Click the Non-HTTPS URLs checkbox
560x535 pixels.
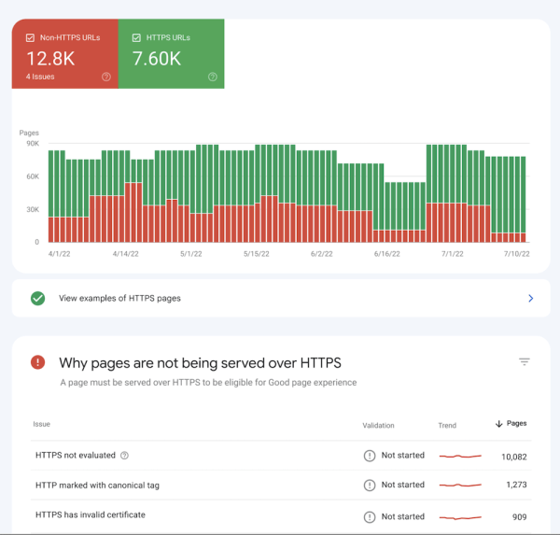pos(30,38)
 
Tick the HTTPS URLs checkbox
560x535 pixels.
pos(136,38)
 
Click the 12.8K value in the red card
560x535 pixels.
pos(51,58)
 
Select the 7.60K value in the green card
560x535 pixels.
pos(157,58)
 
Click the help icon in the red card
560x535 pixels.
pos(106,77)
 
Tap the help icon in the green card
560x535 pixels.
pos(213,77)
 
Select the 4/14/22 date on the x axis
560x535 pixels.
pos(126,253)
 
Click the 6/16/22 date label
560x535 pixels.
pos(386,253)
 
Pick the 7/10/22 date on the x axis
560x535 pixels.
pos(516,253)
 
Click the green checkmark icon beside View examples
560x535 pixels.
pos(38,299)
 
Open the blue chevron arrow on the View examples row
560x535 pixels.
pos(531,299)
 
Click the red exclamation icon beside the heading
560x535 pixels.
pos(37,362)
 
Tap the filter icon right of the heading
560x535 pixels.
pos(525,362)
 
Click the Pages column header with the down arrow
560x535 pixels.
pos(511,424)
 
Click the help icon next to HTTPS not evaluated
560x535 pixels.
pos(125,456)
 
